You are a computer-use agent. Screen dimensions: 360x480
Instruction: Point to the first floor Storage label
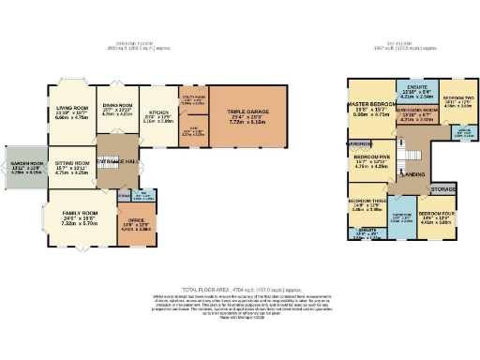[x=443, y=188]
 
